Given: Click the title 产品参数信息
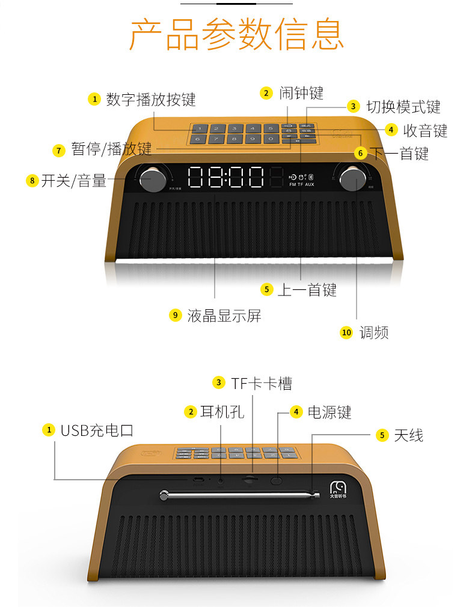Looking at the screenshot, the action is click(x=237, y=34).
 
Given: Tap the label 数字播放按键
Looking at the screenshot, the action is click(x=151, y=99).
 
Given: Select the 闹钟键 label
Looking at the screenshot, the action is click(x=301, y=93).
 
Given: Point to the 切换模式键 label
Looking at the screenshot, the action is click(x=403, y=107).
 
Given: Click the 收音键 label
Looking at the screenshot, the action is click(x=425, y=130).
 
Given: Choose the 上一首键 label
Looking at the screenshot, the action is click(x=307, y=290).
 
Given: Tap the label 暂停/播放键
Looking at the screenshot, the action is click(x=111, y=149).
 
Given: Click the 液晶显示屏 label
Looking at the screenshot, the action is click(x=224, y=315).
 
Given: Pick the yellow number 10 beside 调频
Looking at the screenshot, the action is click(x=346, y=333).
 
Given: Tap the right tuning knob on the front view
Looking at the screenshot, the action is click(x=351, y=179).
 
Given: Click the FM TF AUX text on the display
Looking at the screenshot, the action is click(x=302, y=184).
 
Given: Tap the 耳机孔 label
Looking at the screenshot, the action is click(x=222, y=412).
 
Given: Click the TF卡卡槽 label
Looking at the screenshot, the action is click(x=262, y=383).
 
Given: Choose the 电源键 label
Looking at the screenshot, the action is click(x=329, y=412).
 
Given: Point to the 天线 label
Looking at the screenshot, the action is click(x=408, y=435).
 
